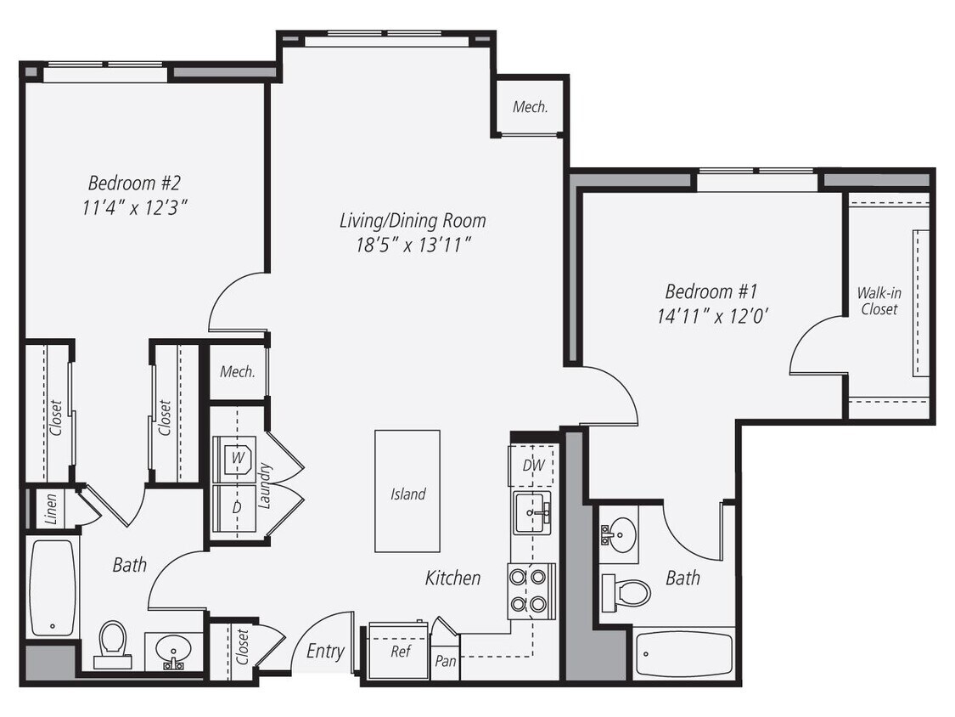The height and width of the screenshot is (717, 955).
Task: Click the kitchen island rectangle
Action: coord(407,491)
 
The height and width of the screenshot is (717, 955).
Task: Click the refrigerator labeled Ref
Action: coord(399,652)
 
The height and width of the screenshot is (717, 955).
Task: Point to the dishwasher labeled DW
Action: coord(532,465)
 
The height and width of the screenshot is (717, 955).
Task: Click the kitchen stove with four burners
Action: coord(531,591)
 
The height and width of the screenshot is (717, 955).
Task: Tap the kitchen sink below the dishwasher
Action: coord(532,512)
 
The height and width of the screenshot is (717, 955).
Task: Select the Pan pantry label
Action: coord(446,661)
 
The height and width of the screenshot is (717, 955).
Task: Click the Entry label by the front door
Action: coord(325,651)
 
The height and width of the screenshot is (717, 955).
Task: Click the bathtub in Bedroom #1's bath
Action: coord(683,654)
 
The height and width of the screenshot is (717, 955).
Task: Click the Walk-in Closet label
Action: coord(879,302)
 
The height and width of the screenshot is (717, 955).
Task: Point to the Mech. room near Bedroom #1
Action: coord(530,108)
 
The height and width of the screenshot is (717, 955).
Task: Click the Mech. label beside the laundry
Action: coord(238,372)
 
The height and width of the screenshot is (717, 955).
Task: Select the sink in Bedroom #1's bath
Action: coord(620,534)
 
